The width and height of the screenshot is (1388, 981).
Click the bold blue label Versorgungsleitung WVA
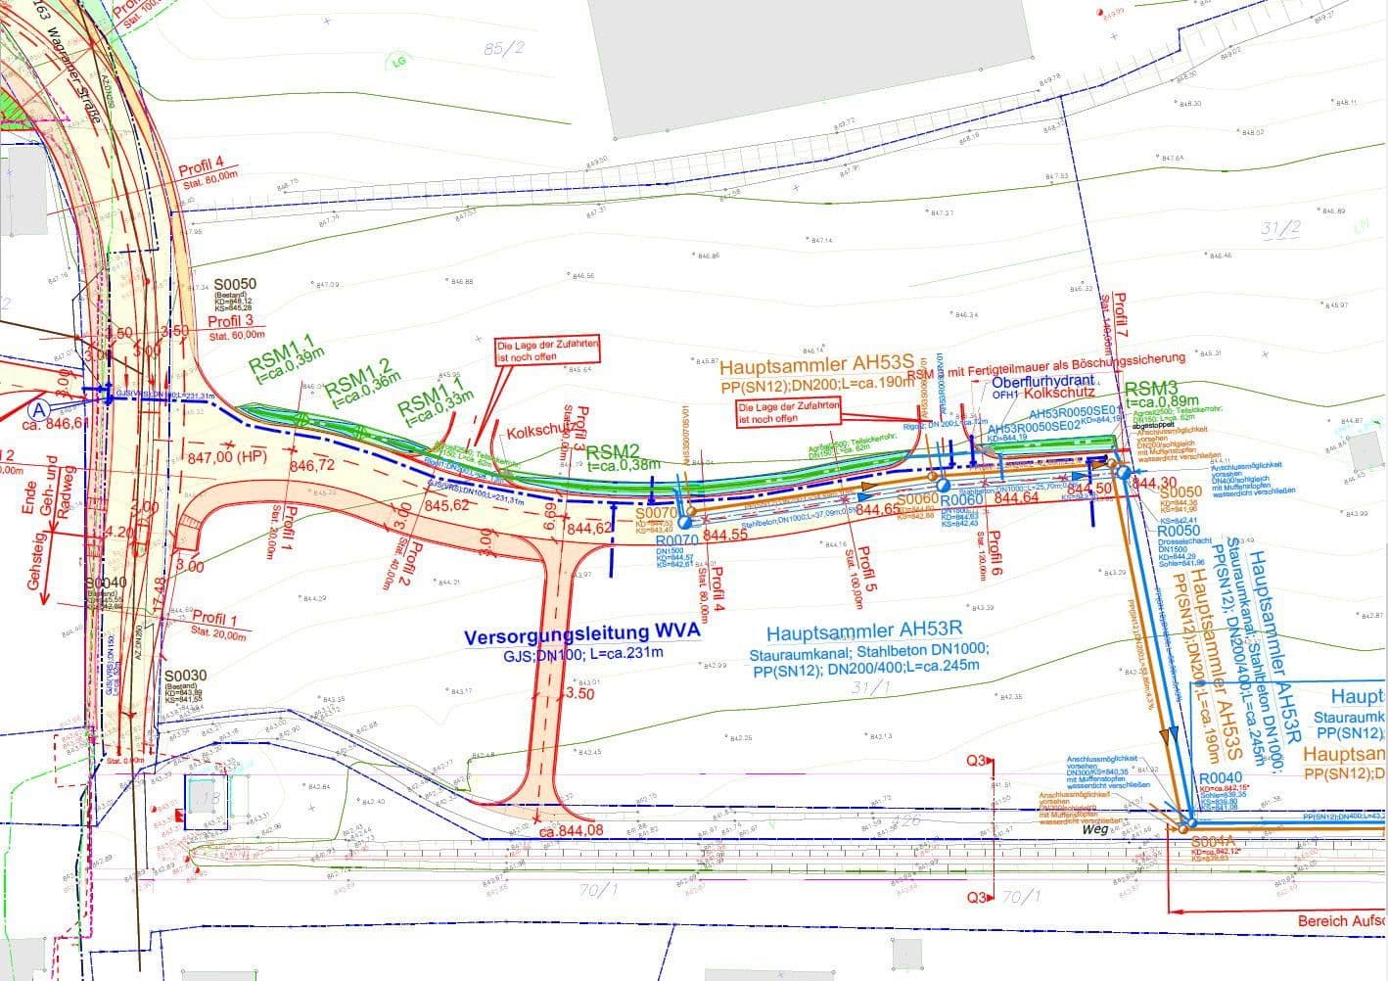tap(582, 633)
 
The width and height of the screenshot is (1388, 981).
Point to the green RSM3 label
tap(1150, 389)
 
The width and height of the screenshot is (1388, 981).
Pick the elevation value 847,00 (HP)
tap(226, 457)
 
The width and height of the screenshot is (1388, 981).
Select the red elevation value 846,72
tap(311, 465)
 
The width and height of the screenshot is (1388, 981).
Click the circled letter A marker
tap(40, 408)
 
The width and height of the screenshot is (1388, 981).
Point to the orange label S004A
tap(1212, 842)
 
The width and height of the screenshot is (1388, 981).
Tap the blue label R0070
tap(676, 540)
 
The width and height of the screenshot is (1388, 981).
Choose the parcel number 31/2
tap(1280, 229)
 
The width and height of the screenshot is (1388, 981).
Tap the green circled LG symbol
tap(398, 62)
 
